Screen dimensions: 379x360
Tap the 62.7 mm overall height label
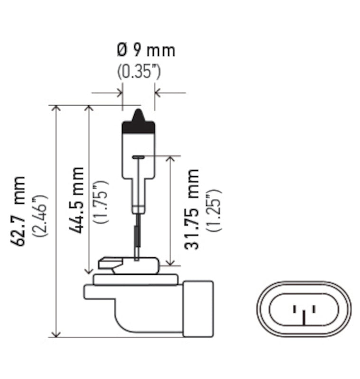pyautogui.click(x=19, y=211)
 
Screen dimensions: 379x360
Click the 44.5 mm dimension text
pyautogui.click(x=77, y=199)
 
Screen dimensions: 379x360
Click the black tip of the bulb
pyautogui.click(x=138, y=123)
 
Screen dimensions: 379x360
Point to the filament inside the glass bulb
pyautogui.click(x=138, y=157)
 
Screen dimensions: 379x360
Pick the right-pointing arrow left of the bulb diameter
pyautogui.click(x=118, y=93)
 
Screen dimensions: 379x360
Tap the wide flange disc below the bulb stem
pyautogui.click(x=136, y=280)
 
